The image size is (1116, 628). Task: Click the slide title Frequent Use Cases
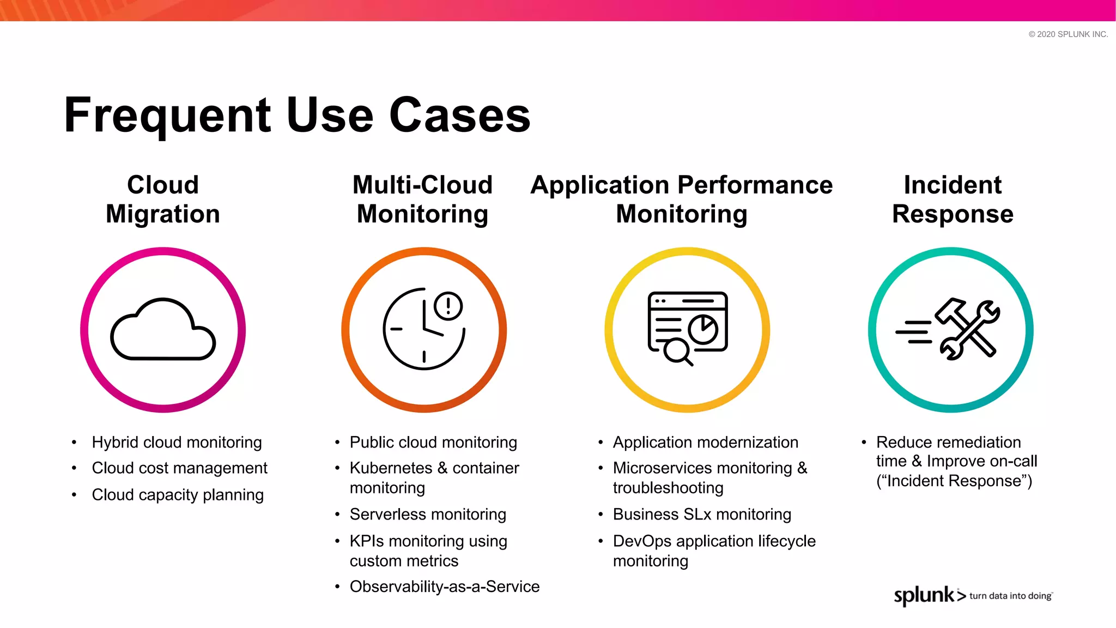pyautogui.click(x=297, y=115)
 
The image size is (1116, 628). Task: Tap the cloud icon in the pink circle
pyautogui.click(x=163, y=330)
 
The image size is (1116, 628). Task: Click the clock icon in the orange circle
pyautogui.click(x=423, y=329)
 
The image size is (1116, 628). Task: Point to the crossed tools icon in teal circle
pyautogui.click(x=950, y=329)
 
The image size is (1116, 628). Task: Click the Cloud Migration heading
pyautogui.click(x=163, y=200)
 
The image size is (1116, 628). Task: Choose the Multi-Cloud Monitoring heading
pyautogui.click(x=422, y=200)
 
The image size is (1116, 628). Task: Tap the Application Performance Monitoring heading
pyautogui.click(x=682, y=200)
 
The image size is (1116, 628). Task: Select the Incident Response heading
pyautogui.click(x=953, y=200)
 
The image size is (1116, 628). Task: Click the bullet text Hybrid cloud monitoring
pyautogui.click(x=177, y=442)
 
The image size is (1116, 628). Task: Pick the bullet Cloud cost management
pyautogui.click(x=179, y=468)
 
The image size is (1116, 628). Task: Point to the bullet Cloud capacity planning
pyautogui.click(x=178, y=494)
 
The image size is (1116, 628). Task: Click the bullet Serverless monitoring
pyautogui.click(x=428, y=514)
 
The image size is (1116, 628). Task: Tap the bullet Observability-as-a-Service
pyautogui.click(x=445, y=587)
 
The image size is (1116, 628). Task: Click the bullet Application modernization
pyautogui.click(x=705, y=442)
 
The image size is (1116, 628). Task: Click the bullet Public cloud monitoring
pyautogui.click(x=433, y=442)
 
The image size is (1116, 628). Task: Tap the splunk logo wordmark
pyautogui.click(x=924, y=595)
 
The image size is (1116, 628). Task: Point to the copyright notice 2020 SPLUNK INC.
pyautogui.click(x=1068, y=34)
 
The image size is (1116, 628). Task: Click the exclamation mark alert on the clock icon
pyautogui.click(x=448, y=306)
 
